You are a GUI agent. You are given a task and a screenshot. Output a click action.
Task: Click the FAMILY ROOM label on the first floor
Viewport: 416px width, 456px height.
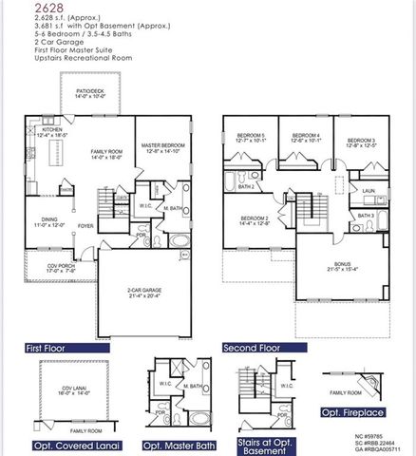(x=106, y=154)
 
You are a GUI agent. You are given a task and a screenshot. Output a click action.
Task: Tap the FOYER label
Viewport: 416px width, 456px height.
(x=85, y=226)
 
